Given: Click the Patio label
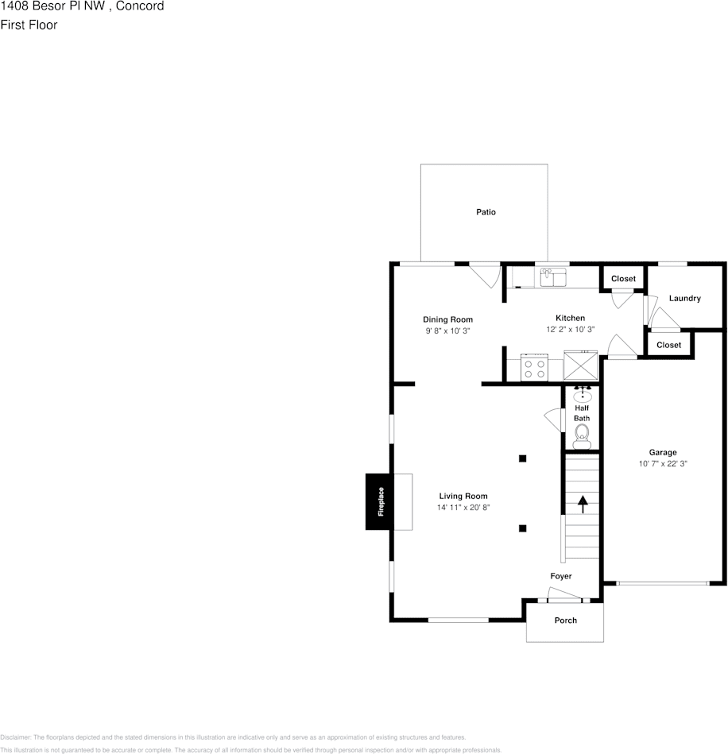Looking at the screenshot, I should tap(486, 212).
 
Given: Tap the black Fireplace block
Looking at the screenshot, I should tap(380, 501).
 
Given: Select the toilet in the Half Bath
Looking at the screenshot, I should tap(582, 432).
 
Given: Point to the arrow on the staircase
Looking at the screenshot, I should tap(583, 503).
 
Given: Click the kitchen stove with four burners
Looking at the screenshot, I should tap(534, 368).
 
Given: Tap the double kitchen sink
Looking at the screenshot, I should tap(552, 276).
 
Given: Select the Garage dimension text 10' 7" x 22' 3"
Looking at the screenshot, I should tap(662, 463).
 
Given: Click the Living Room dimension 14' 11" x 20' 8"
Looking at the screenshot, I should tap(463, 507).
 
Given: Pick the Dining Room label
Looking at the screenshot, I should tap(447, 319).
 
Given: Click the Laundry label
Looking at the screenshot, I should tap(684, 299).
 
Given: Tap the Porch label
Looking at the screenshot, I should tap(565, 621).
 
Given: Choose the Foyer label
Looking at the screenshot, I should tap(561, 576).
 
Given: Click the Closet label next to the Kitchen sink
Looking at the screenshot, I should tap(623, 279).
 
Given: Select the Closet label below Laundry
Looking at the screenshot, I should tap(668, 345).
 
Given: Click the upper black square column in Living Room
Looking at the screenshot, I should tap(522, 458).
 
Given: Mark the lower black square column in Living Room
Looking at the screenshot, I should tap(522, 528).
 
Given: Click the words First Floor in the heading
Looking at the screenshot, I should tap(29, 25).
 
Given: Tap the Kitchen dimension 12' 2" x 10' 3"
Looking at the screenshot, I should tap(570, 329).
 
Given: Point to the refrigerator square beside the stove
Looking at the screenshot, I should tap(580, 366).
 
